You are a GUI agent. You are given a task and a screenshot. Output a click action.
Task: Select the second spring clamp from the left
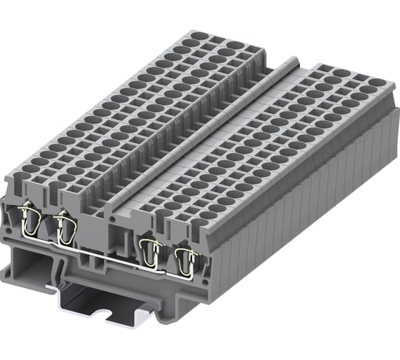coord(65,227)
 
